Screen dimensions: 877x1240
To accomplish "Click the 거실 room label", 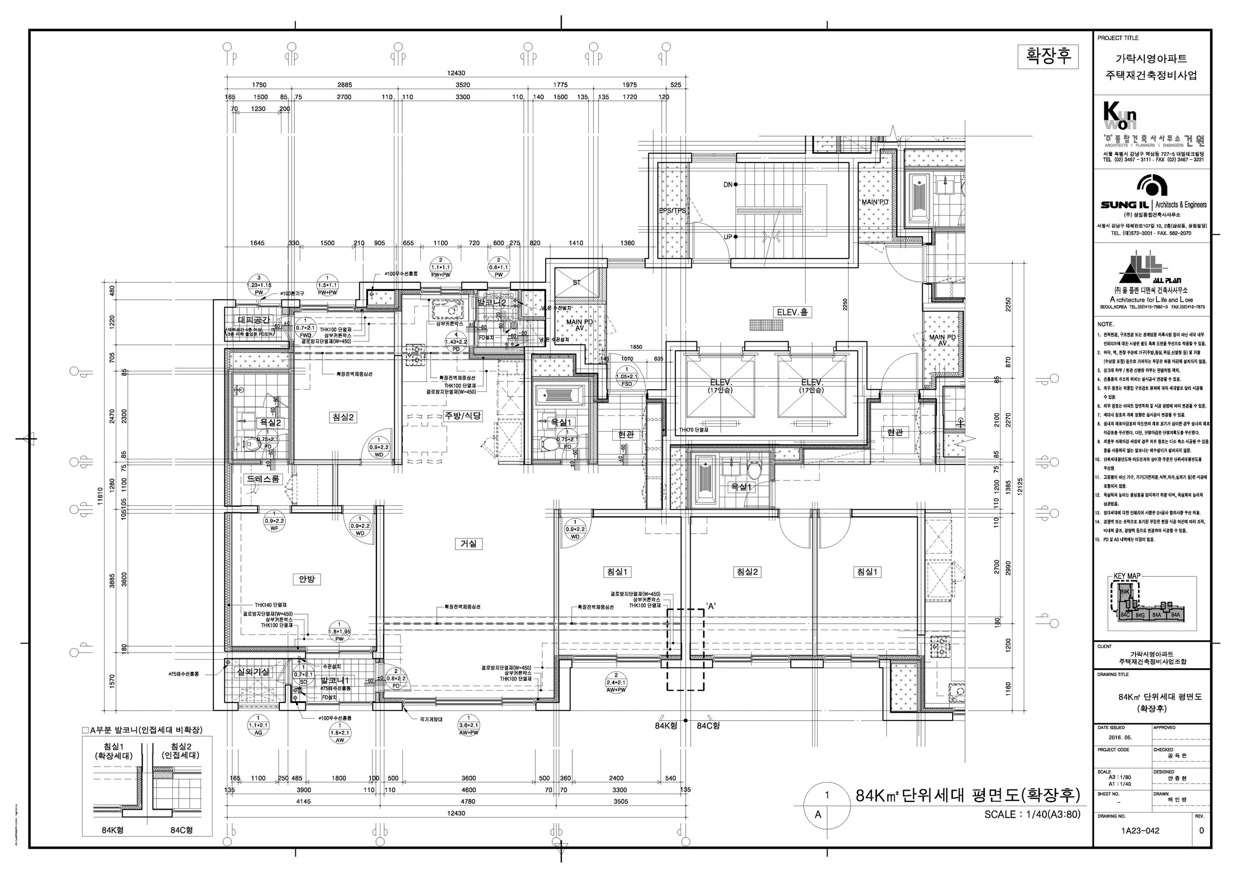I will [x=468, y=544].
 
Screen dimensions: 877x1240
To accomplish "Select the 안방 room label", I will [x=306, y=579].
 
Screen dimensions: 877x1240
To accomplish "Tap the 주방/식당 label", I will [x=463, y=415].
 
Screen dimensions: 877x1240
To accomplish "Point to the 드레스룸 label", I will [x=263, y=478].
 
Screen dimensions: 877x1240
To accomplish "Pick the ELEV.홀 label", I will [x=792, y=312].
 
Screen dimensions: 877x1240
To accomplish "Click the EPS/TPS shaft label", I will [x=672, y=210].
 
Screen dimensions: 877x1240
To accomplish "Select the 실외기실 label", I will [x=253, y=671].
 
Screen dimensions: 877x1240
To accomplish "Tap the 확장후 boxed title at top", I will [x=1048, y=56].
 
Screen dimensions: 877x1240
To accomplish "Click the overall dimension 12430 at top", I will [x=455, y=73].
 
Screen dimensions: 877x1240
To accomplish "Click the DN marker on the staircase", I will [x=728, y=185].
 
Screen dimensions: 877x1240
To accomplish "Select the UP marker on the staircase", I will [x=728, y=237].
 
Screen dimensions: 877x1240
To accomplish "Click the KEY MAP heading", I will [x=1127, y=576].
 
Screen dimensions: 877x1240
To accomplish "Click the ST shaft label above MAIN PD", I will [x=576, y=282].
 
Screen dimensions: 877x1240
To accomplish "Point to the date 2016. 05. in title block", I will [x=1120, y=737].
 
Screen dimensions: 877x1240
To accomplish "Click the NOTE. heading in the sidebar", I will [x=1106, y=324].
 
